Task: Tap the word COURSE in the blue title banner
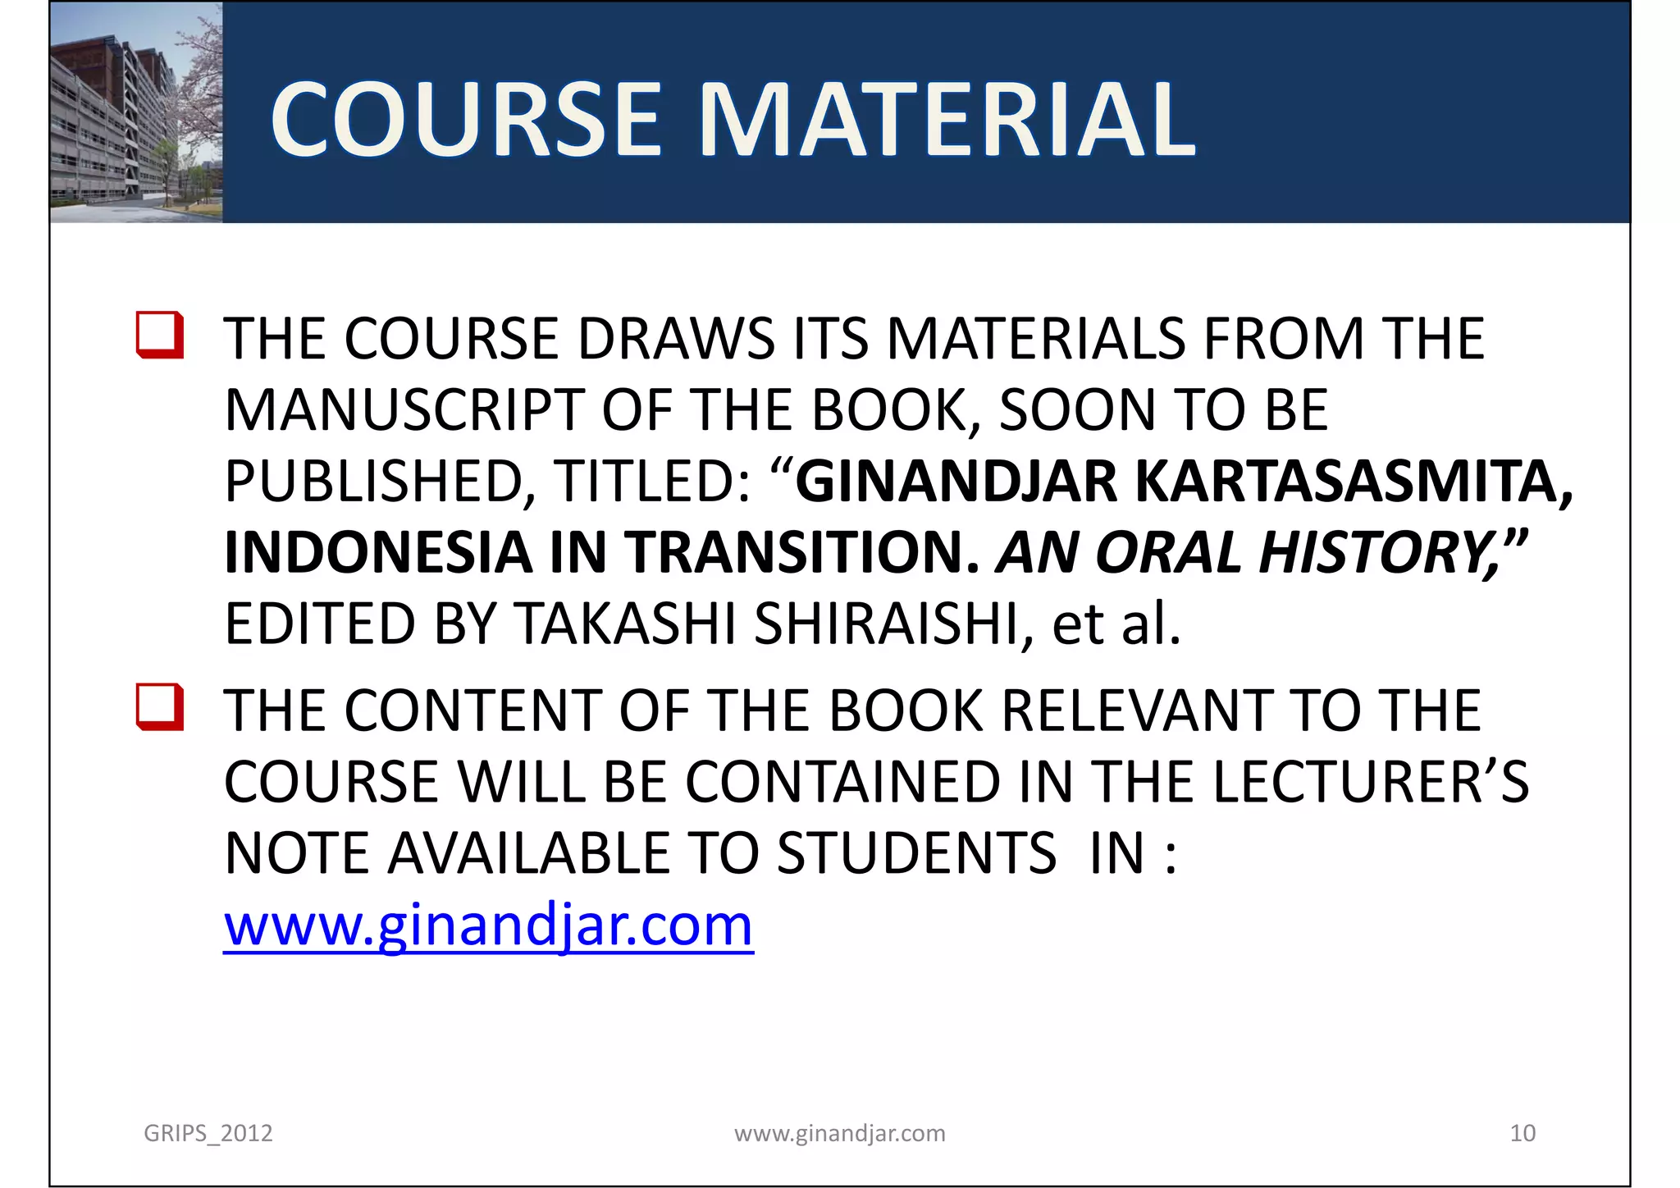[465, 120]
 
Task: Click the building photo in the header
[136, 112]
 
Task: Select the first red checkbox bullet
[160, 335]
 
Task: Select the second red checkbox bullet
[160, 706]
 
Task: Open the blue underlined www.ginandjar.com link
[488, 925]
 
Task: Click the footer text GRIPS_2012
[208, 1133]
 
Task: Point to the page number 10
[1522, 1133]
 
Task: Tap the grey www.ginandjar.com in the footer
[839, 1133]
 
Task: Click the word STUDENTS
[916, 853]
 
